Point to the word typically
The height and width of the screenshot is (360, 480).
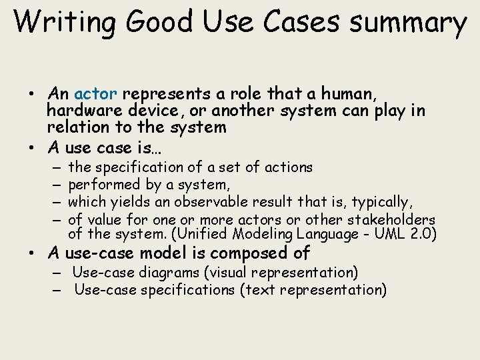click(381, 202)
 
